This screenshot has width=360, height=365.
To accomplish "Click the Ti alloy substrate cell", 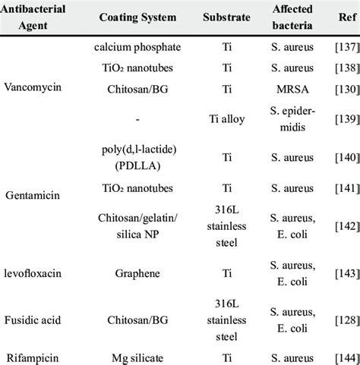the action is pyautogui.click(x=225, y=117).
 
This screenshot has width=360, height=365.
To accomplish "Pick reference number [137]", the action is pyautogui.click(x=335, y=47).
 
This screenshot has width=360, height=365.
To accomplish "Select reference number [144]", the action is pyautogui.click(x=335, y=355).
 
